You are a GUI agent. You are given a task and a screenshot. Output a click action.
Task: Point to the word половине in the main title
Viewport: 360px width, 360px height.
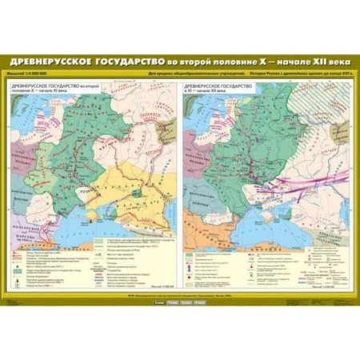(x=210, y=62)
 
